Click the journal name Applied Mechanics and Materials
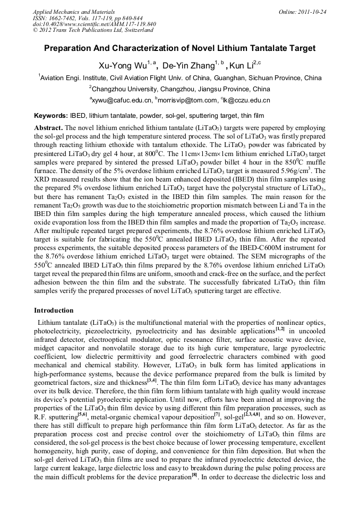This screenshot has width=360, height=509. pyautogui.click(x=66, y=11)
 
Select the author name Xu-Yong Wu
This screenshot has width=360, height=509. pyautogui.click(x=119, y=65)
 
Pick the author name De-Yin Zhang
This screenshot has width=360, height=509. pyautogui.click(x=186, y=65)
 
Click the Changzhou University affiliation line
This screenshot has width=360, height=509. pyautogui.click(x=180, y=89)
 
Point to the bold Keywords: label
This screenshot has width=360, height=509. pyautogui.click(x=51, y=115)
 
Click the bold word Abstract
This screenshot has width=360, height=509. pyautogui.click(x=49, y=128)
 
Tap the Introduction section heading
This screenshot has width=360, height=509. pyautogui.click(x=54, y=310)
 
